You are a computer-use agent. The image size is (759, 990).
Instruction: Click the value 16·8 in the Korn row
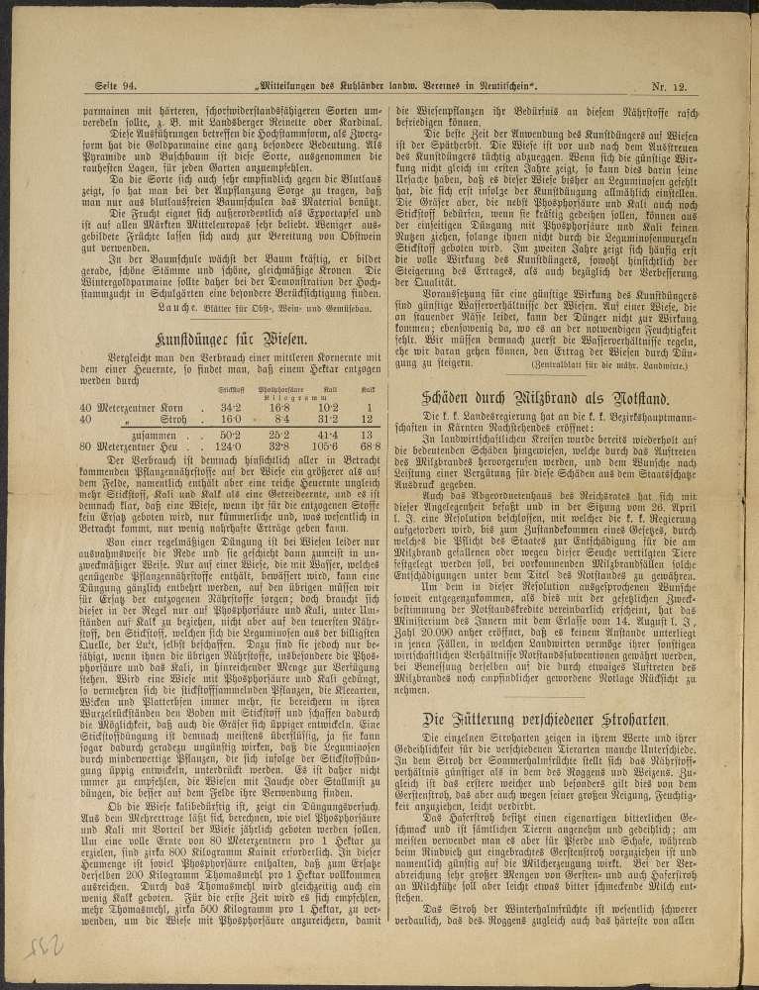[x=279, y=407]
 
